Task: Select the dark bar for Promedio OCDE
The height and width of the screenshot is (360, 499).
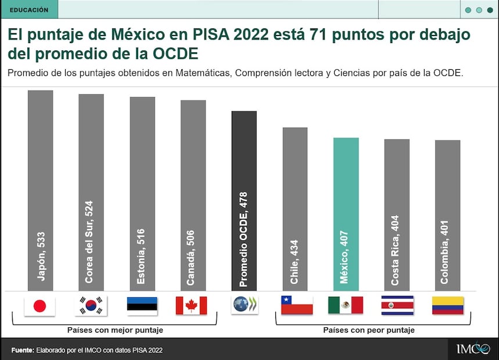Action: coord(244,200)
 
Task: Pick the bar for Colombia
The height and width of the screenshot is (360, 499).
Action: coord(447,215)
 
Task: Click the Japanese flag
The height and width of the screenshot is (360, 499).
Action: coord(40,305)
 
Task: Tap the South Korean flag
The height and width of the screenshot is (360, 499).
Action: coord(91,305)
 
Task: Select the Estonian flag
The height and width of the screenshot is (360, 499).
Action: coord(142,305)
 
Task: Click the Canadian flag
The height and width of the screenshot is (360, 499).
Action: coord(191,305)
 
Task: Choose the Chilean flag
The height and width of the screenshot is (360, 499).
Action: coord(296,305)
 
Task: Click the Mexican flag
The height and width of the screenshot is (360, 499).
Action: coord(345,305)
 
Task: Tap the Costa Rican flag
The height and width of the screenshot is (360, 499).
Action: coord(397,305)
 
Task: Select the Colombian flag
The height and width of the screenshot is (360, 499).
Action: coord(447,305)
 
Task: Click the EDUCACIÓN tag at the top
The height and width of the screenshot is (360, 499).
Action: coord(29,9)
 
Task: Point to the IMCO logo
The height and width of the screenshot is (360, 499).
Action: coord(472,349)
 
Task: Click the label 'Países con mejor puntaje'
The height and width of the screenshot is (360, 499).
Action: coord(115,330)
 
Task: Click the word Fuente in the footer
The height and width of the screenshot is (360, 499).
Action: coord(22,350)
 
